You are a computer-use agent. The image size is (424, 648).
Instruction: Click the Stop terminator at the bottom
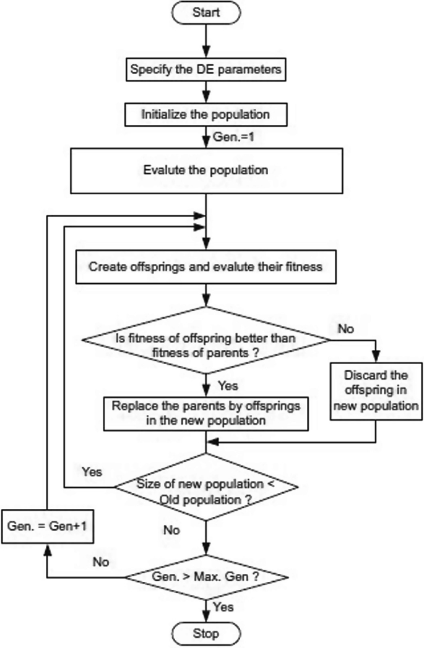click(206, 633)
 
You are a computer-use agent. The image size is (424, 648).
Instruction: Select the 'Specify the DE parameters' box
click(206, 70)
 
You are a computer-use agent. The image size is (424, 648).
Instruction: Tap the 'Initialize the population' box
click(206, 114)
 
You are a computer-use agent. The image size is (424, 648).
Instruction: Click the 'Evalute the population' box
click(206, 170)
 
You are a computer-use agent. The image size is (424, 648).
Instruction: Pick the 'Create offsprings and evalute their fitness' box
click(206, 268)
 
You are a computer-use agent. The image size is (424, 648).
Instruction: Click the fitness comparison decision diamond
click(206, 339)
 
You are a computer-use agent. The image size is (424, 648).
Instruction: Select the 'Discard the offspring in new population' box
click(376, 391)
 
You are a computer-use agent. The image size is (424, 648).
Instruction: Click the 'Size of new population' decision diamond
click(206, 488)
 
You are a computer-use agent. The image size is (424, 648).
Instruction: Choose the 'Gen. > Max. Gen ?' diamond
click(206, 577)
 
